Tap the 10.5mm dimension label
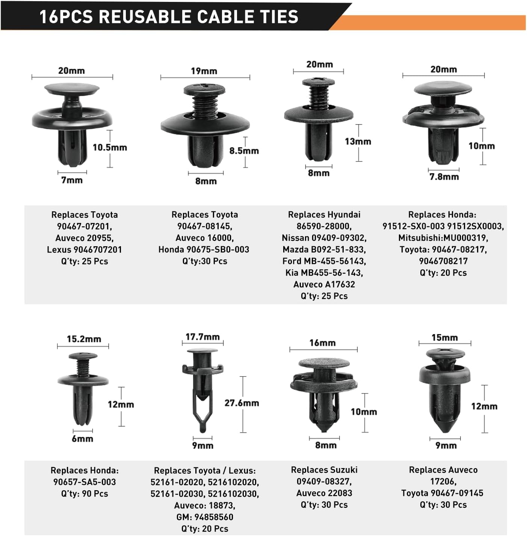click(110, 148)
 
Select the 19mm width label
click(204, 71)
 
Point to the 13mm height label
click(358, 142)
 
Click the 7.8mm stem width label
click(444, 177)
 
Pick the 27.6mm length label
click(242, 403)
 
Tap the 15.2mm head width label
click(84, 339)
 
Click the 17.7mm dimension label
click(203, 337)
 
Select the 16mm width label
click(323, 343)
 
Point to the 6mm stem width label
click(82, 439)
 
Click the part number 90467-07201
click(85, 226)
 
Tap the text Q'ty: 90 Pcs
click(85, 494)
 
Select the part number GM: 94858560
click(205, 517)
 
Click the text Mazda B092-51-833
click(324, 250)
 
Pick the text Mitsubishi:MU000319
click(443, 238)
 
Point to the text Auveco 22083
click(324, 493)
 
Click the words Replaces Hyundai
click(324, 215)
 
